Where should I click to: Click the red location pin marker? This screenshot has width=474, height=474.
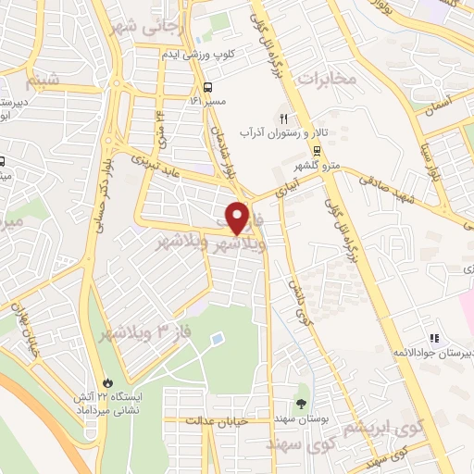point(238,218)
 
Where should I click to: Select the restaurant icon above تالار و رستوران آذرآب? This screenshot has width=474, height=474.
point(284,118)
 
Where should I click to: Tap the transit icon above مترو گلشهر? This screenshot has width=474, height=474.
point(317,150)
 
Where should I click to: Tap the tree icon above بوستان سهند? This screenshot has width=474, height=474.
point(302,402)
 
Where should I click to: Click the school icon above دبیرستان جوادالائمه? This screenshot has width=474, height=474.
point(433,337)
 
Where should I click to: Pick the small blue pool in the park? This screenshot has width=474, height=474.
point(217,340)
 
